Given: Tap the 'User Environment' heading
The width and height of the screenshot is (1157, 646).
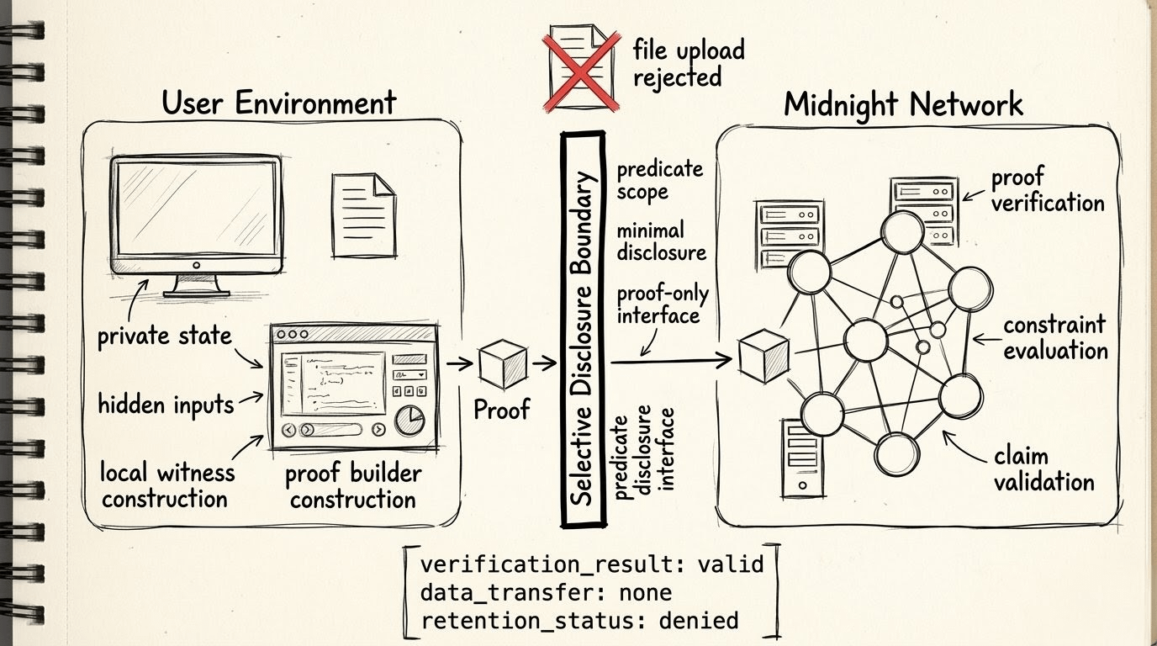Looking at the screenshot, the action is tap(278, 103).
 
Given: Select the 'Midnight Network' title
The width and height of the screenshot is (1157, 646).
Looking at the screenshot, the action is tap(903, 104).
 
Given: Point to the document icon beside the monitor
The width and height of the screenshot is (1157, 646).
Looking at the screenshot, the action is tap(362, 203).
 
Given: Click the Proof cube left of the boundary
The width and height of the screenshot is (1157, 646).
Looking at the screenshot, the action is tap(502, 363).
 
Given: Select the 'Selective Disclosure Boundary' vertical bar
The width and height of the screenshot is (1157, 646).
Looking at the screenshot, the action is tap(584, 329).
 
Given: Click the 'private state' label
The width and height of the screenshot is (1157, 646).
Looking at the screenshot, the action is tap(164, 336).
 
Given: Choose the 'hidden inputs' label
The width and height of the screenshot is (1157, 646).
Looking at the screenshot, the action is tap(166, 405).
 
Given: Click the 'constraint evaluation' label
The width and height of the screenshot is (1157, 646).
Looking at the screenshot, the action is tap(1054, 336).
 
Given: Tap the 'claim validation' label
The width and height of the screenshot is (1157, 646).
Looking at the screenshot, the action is tap(1043, 469).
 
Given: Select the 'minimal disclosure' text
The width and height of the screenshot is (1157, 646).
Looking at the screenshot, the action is tap(661, 241).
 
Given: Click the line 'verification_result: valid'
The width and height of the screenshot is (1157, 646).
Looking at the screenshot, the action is tap(592, 563).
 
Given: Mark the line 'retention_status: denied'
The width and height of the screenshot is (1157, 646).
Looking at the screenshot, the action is tap(579, 621).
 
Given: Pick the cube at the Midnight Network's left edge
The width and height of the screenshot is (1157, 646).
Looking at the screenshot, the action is tap(762, 357).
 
